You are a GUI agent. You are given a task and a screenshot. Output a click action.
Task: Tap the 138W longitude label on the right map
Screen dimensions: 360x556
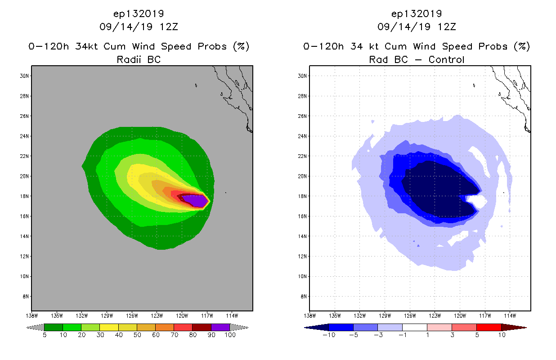pyautogui.click(x=309, y=315)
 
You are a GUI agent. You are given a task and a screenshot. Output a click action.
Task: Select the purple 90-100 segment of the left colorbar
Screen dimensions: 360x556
pyautogui.click(x=220, y=327)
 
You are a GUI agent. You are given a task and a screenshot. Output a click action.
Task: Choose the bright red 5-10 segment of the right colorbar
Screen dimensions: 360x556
pyautogui.click(x=489, y=327)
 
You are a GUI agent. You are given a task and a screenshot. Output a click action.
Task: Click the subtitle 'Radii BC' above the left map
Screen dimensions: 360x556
pyautogui.click(x=139, y=59)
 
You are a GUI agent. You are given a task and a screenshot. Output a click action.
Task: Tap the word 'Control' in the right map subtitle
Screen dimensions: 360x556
pyautogui.click(x=447, y=59)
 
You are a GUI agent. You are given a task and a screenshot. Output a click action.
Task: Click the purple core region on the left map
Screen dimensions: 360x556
pyautogui.click(x=194, y=200)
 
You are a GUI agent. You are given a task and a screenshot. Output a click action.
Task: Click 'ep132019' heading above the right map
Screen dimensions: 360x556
pyautogui.click(x=417, y=13)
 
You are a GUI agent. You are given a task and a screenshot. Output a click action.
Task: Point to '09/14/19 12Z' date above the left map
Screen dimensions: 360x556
pyautogui.click(x=139, y=27)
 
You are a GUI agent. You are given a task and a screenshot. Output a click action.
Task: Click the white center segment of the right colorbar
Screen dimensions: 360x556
pyautogui.click(x=414, y=327)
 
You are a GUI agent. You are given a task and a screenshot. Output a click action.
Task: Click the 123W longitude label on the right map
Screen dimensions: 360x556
pyautogui.click(x=435, y=315)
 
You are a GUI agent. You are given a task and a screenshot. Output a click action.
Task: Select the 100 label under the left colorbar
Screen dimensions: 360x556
pyautogui.click(x=230, y=335)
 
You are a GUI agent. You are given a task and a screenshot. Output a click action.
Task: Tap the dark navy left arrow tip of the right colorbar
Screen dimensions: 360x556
pyautogui.click(x=308, y=327)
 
